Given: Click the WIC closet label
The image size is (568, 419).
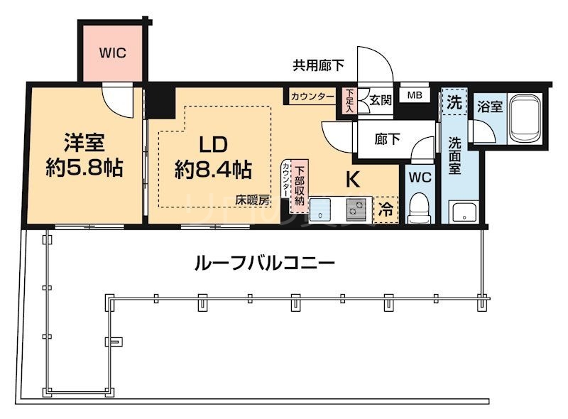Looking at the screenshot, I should coord(113,53).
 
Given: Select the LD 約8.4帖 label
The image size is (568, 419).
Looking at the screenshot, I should coord(212,157).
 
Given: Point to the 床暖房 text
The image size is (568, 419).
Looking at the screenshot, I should coord(253,200).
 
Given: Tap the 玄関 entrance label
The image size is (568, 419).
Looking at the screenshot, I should coord(377,100).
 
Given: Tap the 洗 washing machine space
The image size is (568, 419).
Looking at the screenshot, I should coord(453,101).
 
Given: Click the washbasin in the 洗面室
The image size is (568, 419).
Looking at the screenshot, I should coord(464,212).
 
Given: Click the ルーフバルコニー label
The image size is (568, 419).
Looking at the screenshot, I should coord(264,262).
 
